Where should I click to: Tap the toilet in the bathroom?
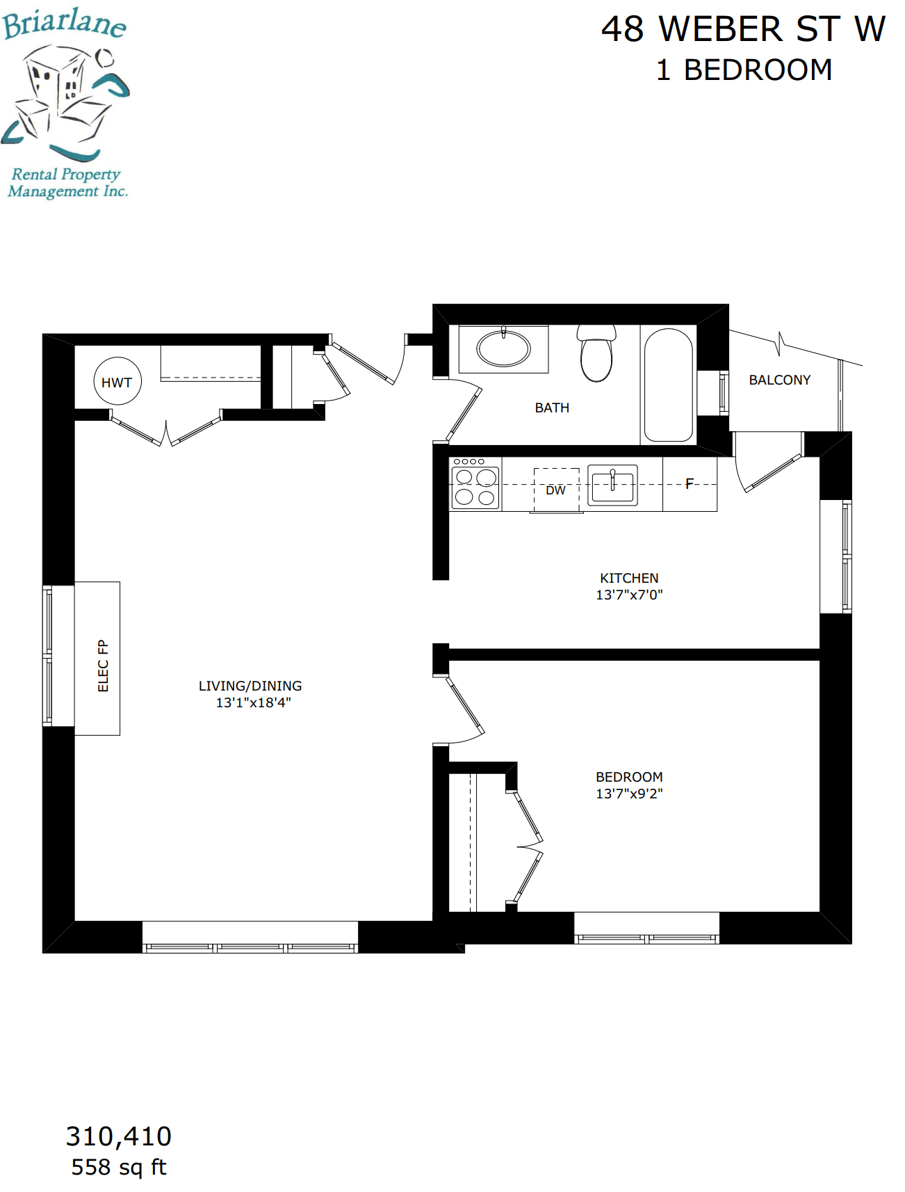(596, 354)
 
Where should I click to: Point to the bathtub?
(668, 385)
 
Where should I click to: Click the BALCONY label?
(780, 380)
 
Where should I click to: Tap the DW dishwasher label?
(555, 490)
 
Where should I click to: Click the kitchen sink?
(612, 485)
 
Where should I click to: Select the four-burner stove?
(475, 483)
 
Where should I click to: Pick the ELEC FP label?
(104, 666)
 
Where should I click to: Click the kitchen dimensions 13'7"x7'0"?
(629, 595)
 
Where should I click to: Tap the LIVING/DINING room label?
(250, 686)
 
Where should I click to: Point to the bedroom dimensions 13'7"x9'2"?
(629, 794)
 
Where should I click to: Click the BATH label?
(552, 408)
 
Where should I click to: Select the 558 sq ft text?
(119, 1167)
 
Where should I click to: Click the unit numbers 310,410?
(119, 1136)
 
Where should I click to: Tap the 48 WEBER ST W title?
(743, 29)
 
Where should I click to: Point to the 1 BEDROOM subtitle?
(744, 70)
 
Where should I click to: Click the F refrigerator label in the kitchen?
(690, 483)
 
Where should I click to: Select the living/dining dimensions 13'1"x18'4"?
(253, 702)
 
